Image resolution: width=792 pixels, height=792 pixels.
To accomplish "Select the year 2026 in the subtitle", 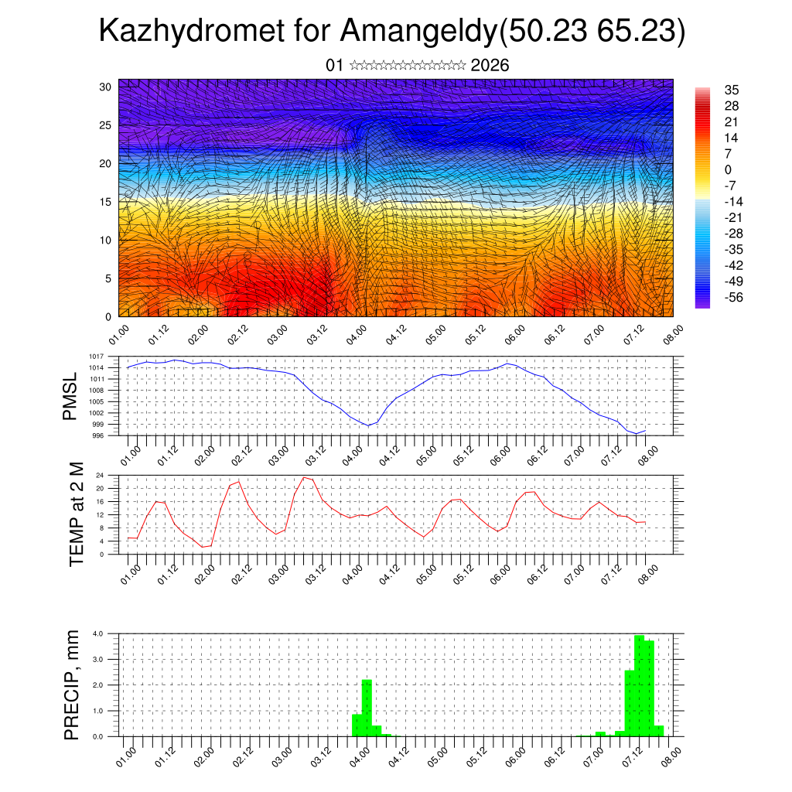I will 490,65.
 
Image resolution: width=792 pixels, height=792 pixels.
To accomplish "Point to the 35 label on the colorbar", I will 731,90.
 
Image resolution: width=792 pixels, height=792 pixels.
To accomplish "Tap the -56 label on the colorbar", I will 732,297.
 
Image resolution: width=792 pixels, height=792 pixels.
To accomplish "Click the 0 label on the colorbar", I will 728,169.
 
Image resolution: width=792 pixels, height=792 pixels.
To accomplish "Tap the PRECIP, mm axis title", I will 72,685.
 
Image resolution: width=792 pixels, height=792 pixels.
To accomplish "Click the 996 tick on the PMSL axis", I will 110,435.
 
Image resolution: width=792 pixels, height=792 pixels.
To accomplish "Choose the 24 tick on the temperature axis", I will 111,475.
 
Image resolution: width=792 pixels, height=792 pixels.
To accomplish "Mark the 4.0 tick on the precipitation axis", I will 109,633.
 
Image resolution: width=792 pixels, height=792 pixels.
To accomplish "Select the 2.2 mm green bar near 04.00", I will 367,708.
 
